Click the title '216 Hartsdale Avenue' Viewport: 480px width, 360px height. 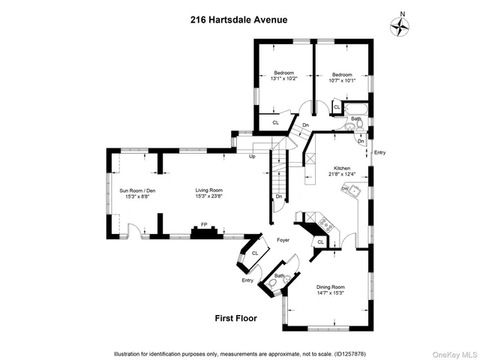point(239,20)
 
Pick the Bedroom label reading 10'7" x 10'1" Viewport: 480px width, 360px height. point(341,77)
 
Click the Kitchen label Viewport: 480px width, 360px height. point(342,172)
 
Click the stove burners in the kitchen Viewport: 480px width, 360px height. point(324,223)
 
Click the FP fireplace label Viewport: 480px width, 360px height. point(202,224)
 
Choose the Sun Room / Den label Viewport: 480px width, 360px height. point(136,194)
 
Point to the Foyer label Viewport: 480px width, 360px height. point(283,241)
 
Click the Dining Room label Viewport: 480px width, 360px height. point(330,289)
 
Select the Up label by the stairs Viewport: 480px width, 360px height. point(251,157)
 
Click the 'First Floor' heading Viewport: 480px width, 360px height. point(235,318)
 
